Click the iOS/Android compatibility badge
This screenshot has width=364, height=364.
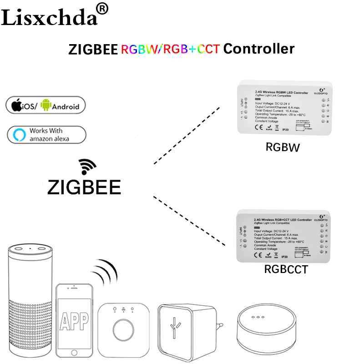coord(46,106)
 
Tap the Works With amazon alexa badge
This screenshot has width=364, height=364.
coord(46,135)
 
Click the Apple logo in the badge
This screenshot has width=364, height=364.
coord(17,106)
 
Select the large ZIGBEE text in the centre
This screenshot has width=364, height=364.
coord(84,187)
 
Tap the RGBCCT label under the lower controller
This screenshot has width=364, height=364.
coord(286,269)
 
